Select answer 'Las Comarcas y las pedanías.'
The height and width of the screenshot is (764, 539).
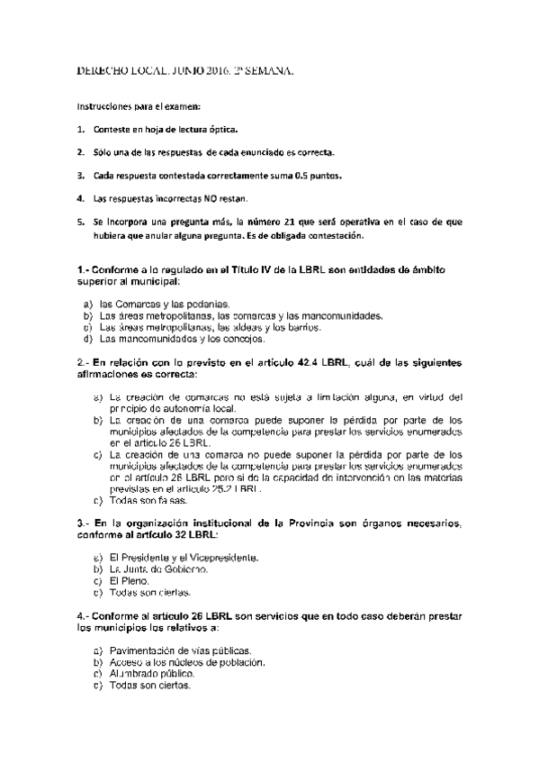(x=166, y=305)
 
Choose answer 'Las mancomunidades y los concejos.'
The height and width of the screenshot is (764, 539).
(x=177, y=340)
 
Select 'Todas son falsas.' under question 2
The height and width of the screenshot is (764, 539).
(x=148, y=500)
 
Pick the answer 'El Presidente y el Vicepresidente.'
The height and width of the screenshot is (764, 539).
(x=184, y=558)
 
